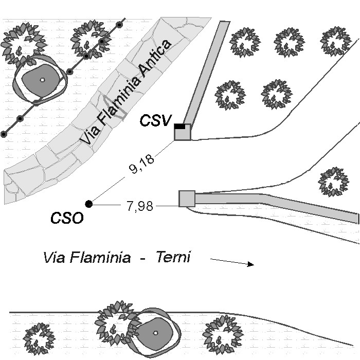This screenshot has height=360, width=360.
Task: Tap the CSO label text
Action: [x=67, y=218]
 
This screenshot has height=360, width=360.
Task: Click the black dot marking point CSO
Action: [x=89, y=204]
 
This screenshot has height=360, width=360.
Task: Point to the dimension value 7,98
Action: [x=139, y=206]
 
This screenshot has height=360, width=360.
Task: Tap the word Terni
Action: [x=173, y=257]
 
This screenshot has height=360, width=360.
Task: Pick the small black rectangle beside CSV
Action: [x=179, y=125]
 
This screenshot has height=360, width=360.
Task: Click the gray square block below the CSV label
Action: [x=183, y=132]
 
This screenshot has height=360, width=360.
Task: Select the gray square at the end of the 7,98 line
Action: [x=187, y=199]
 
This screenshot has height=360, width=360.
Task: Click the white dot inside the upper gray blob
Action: [x=42, y=80]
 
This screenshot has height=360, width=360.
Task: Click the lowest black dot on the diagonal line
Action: [x=4, y=134]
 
